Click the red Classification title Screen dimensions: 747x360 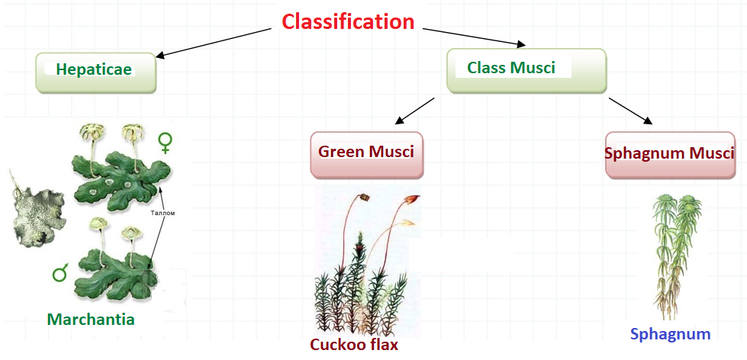348,22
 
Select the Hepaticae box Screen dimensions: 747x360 96,73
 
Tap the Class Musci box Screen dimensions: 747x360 526,70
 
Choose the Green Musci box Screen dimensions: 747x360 367,155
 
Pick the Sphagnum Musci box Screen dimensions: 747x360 670,156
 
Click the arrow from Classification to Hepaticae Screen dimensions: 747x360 214,43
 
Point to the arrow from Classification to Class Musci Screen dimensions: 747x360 474,37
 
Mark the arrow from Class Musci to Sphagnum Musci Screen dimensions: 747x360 630,111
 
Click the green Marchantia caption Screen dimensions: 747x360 91,319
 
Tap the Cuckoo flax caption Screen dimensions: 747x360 353,344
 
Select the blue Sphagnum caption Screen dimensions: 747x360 670,334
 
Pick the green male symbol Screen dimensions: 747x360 60,272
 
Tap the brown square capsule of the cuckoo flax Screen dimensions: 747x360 365,197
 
